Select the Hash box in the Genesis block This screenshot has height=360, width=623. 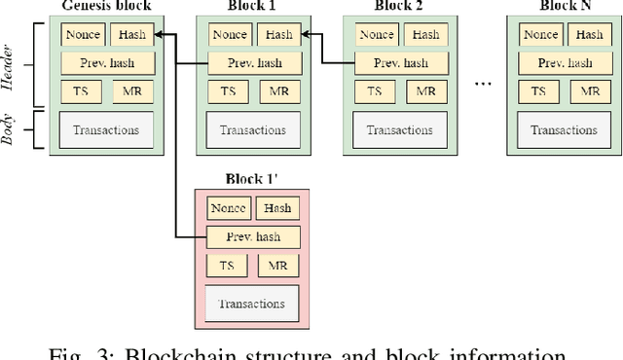tap(131, 35)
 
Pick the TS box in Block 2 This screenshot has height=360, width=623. tap(374, 92)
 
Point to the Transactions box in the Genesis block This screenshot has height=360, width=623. tap(106, 129)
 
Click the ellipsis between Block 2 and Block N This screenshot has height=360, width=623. tap(484, 85)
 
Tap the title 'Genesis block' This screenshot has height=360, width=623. tap(106, 7)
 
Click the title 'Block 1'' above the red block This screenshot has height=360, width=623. tap(253, 180)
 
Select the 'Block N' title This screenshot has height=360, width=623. tap(565, 7)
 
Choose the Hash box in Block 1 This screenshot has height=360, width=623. tap(278, 35)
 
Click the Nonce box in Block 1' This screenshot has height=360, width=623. tap(228, 208)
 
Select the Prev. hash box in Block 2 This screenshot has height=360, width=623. tap(400, 63)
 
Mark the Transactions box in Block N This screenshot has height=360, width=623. tap(565, 129)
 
